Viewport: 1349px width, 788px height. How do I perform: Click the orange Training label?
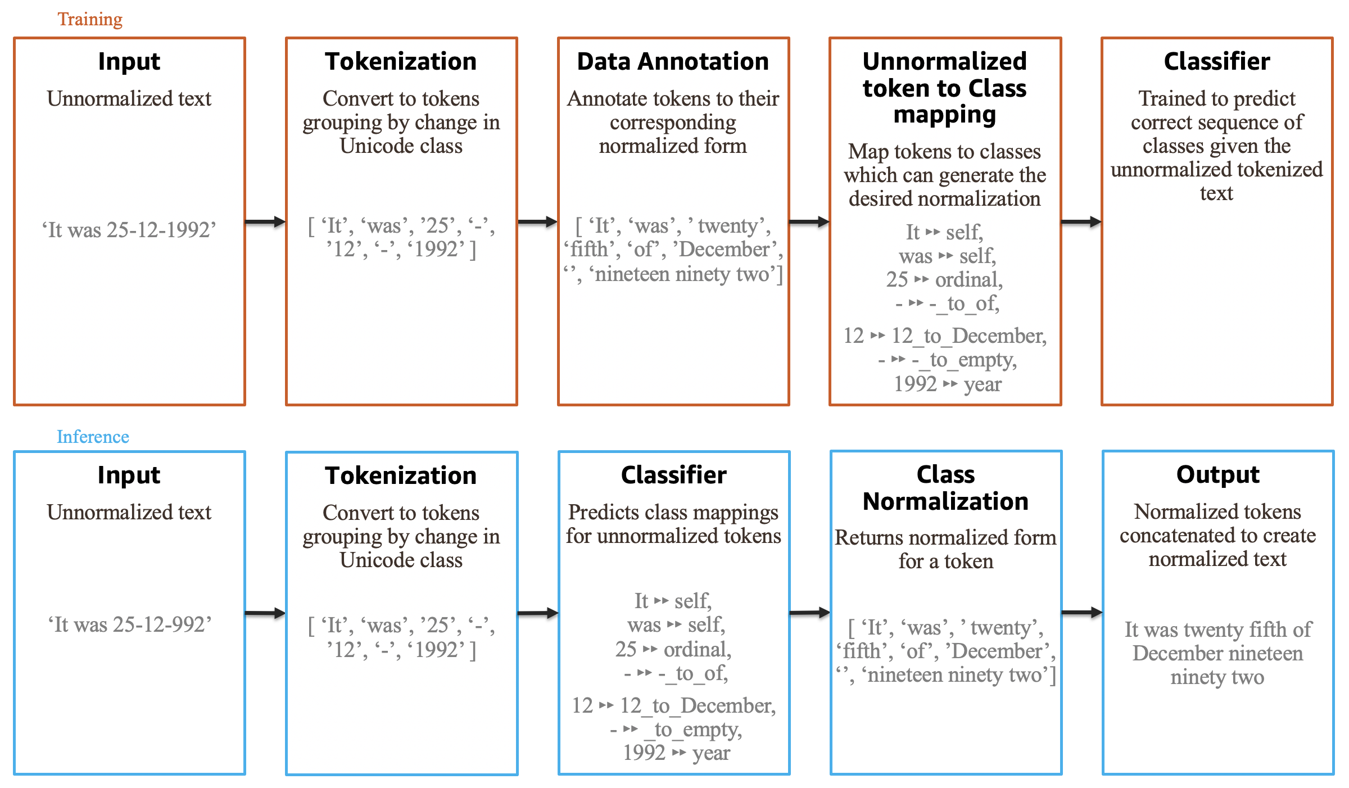(x=90, y=19)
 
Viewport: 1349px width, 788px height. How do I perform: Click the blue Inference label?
(x=93, y=437)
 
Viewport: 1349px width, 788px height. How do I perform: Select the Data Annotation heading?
(x=673, y=61)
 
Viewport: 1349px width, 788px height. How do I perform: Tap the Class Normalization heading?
(x=945, y=488)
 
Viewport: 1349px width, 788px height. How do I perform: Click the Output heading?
(x=1217, y=475)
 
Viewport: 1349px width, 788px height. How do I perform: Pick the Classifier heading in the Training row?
(x=1217, y=61)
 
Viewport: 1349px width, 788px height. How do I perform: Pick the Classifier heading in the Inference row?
(x=673, y=475)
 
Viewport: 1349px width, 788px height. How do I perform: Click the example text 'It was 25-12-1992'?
(x=129, y=230)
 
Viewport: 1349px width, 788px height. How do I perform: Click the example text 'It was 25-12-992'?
(x=129, y=624)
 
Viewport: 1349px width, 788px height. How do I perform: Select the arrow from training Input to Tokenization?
(x=265, y=222)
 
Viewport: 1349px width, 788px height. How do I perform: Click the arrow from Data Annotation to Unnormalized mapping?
(x=809, y=222)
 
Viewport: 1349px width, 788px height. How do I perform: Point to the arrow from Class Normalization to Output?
(x=1081, y=613)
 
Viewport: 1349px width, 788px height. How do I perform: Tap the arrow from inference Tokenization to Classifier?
(x=537, y=613)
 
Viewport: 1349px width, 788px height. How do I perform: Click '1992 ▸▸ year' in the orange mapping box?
(x=947, y=384)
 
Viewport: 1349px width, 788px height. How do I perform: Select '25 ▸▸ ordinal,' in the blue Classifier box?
(x=673, y=649)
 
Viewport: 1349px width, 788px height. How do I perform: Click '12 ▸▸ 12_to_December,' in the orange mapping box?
(x=945, y=336)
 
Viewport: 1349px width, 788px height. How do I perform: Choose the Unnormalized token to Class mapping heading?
(x=945, y=88)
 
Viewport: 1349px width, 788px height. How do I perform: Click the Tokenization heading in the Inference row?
(x=401, y=475)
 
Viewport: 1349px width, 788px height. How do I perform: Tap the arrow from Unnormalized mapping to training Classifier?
(x=1081, y=222)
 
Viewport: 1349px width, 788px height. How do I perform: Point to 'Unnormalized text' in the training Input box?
(x=129, y=99)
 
